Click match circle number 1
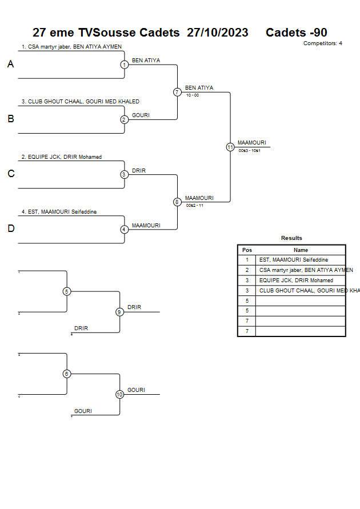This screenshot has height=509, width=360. (124, 65)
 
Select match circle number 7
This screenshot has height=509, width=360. (177, 92)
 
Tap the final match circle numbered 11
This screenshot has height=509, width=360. (230, 147)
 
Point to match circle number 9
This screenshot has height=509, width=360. (119, 312)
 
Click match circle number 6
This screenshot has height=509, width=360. (67, 374)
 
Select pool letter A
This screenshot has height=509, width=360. (10, 65)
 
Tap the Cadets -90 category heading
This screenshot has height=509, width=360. (296, 33)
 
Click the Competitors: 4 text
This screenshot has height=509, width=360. (322, 43)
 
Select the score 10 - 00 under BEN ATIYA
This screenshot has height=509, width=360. (193, 95)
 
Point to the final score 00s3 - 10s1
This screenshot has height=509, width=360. (250, 150)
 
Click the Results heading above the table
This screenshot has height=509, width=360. (291, 238)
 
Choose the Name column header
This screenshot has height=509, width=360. (301, 250)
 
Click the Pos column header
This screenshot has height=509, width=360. (247, 250)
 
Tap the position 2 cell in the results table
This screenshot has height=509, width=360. (247, 270)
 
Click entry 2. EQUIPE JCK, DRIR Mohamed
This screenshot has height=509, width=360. (62, 157)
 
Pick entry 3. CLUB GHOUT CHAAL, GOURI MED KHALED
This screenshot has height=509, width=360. (80, 102)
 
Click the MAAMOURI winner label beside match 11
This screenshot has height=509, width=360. (251, 143)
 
